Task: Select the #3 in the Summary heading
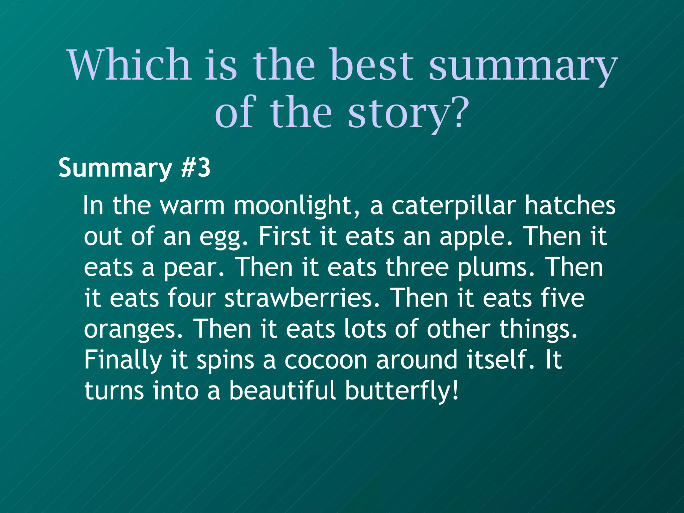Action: [x=196, y=168]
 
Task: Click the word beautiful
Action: [x=282, y=390]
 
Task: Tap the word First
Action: [x=285, y=236]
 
